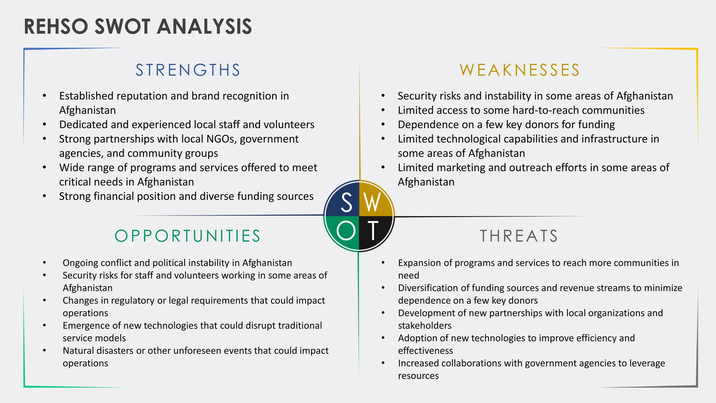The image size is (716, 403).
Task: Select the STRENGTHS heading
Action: click(188, 70)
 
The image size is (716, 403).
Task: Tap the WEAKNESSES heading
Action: click(520, 70)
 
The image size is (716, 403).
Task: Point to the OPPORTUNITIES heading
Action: click(188, 236)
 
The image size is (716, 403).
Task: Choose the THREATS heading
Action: click(519, 236)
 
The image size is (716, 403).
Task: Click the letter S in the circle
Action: click(346, 203)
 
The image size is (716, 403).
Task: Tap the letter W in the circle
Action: click(372, 203)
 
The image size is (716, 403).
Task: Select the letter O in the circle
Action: click(346, 231)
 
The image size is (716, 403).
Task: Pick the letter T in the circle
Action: click(373, 231)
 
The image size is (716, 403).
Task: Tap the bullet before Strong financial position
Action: click(44, 196)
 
